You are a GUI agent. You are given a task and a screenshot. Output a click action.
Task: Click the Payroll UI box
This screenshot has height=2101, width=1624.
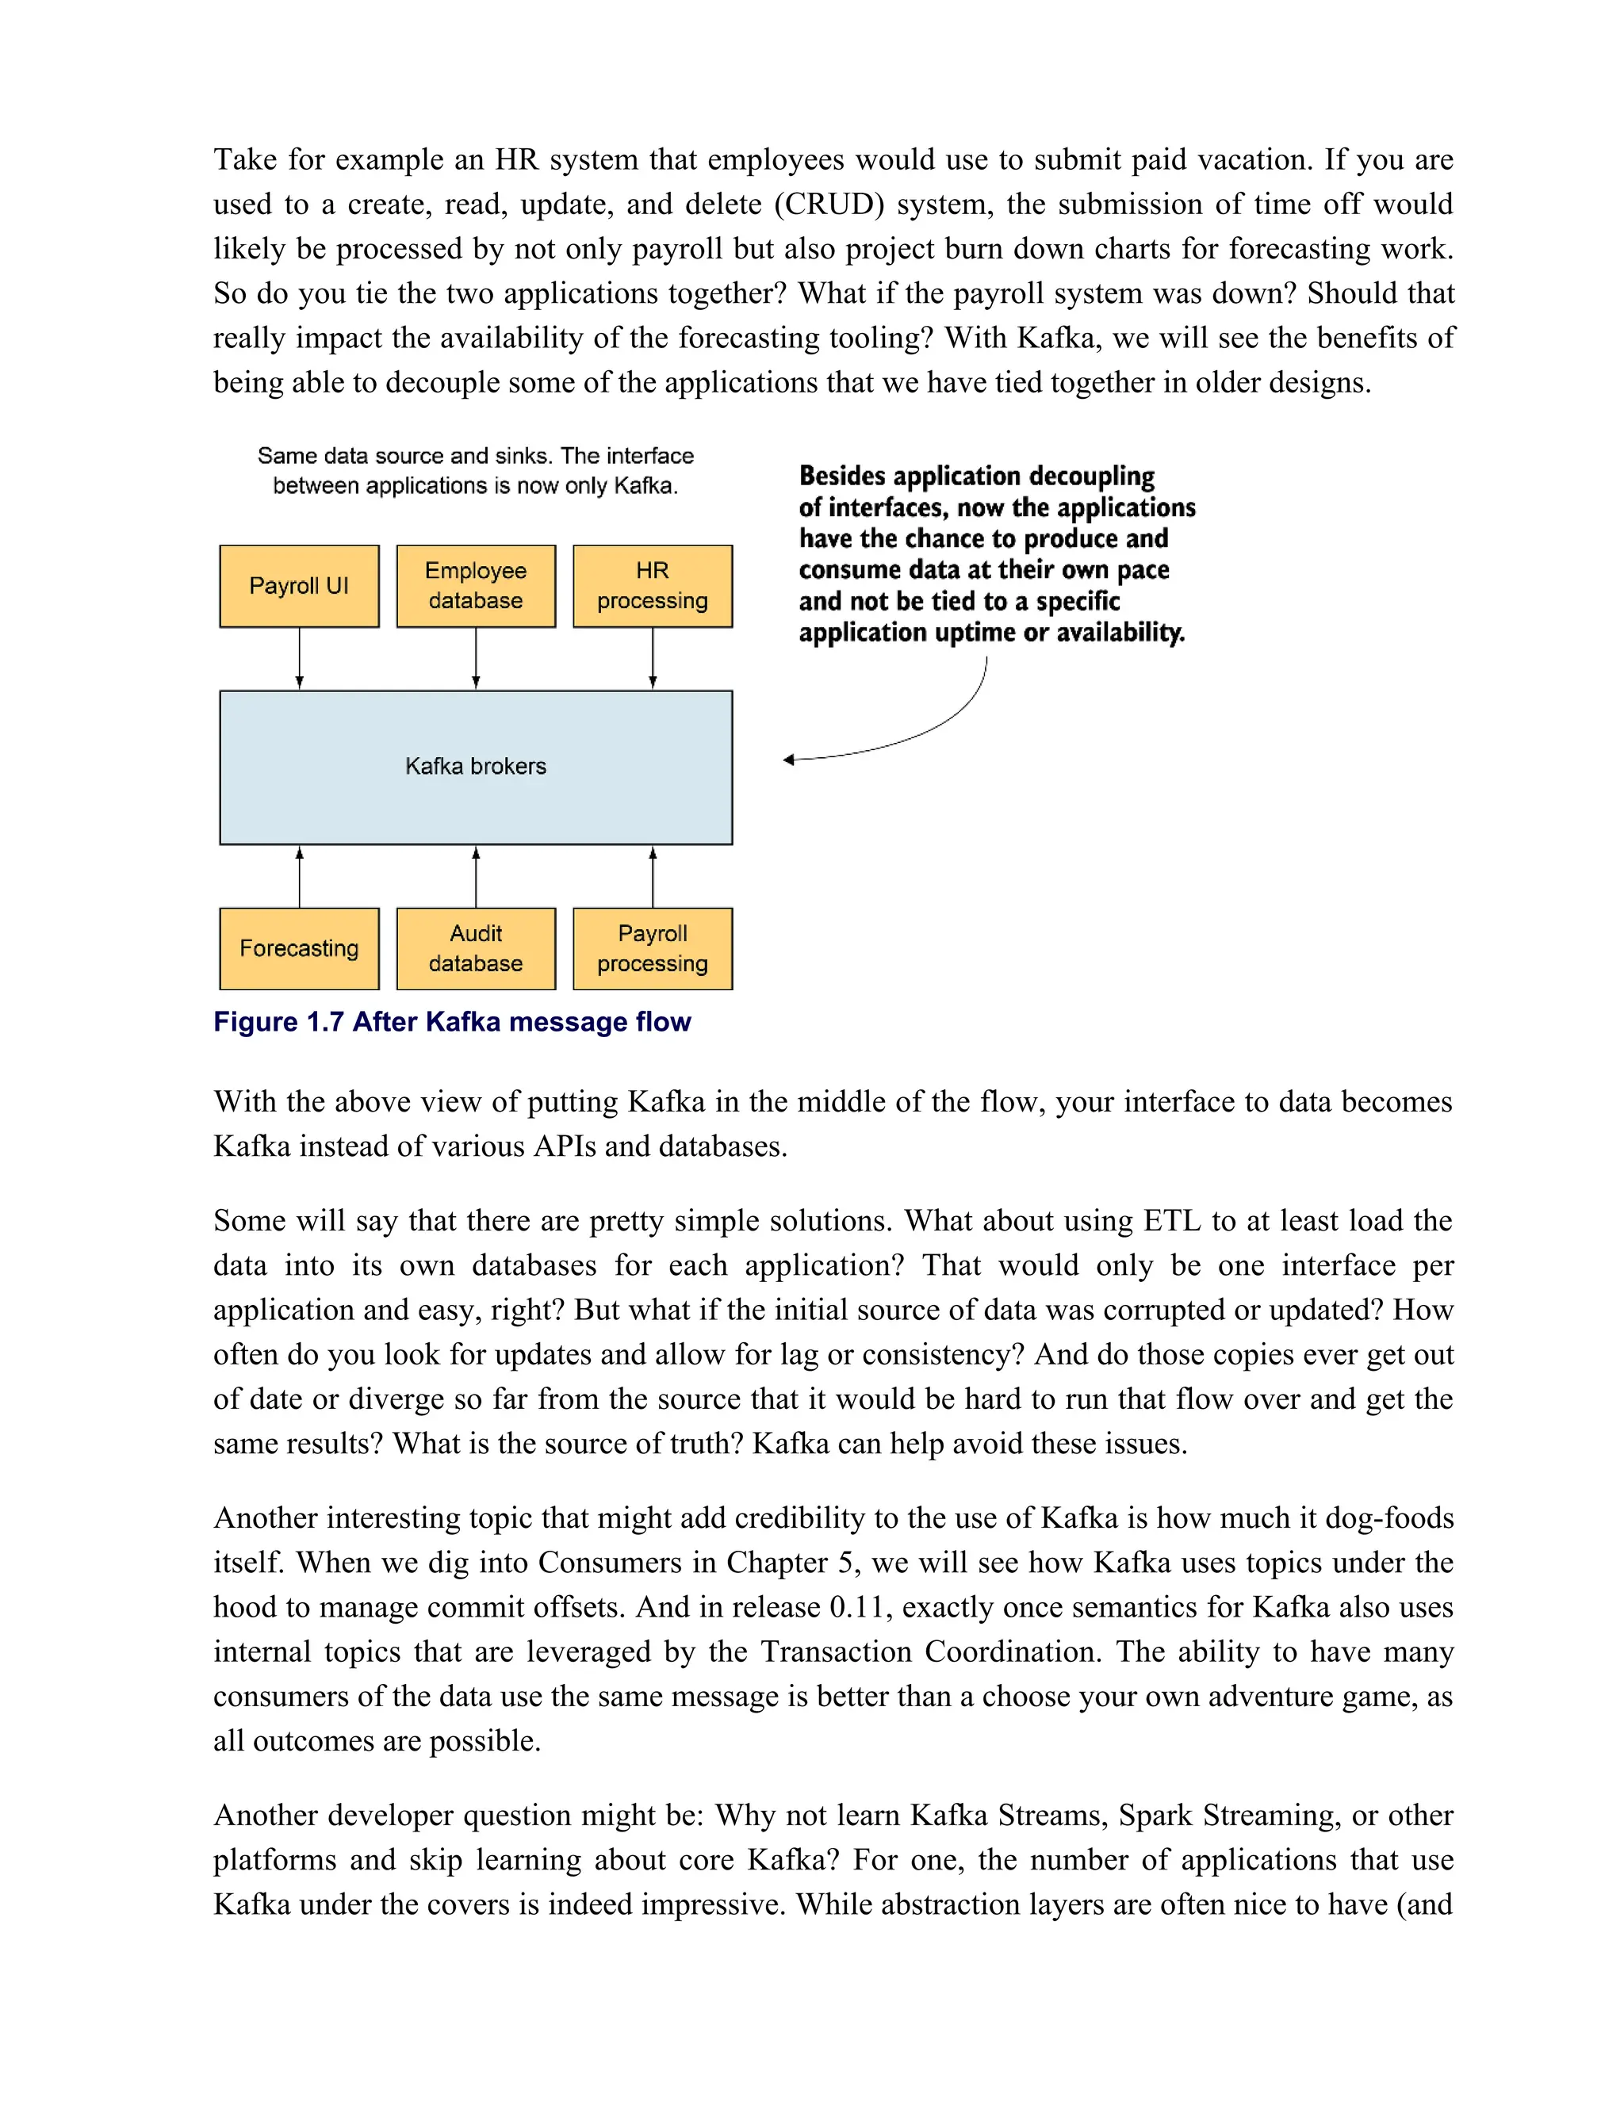click(299, 586)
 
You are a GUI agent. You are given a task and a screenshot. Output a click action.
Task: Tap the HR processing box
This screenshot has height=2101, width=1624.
click(653, 586)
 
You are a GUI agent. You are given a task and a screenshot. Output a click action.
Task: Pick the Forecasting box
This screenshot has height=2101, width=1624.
click(299, 948)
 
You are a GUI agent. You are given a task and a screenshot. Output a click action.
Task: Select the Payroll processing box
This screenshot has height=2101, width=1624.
click(653, 948)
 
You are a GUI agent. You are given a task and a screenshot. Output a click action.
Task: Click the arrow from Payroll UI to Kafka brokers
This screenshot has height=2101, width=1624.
click(299, 659)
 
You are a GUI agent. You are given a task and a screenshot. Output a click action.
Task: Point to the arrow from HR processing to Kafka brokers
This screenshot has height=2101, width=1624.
click(653, 659)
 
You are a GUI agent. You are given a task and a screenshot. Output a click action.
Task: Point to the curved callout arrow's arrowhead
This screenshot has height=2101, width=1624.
click(789, 760)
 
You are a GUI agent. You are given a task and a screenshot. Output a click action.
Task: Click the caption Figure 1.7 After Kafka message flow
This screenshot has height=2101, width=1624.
click(452, 1022)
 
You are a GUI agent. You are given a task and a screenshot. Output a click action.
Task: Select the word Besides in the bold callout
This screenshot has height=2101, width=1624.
click(842, 476)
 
